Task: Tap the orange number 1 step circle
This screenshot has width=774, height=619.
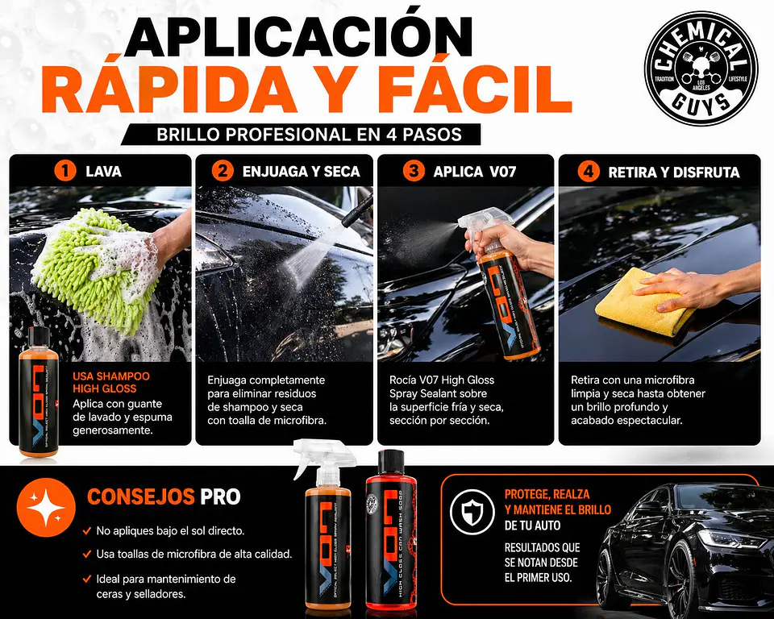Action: (64, 172)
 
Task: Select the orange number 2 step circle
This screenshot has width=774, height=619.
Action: (223, 172)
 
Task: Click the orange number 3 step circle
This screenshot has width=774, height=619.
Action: (414, 172)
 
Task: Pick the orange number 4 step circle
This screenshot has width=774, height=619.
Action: (590, 172)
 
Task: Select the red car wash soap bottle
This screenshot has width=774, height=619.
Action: (391, 532)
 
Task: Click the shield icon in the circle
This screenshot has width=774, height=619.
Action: (472, 512)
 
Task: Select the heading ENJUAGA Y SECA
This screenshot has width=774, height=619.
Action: (299, 172)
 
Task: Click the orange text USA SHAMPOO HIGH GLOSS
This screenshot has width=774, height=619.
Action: (110, 383)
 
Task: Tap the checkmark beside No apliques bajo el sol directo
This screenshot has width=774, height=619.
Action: (86, 531)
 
